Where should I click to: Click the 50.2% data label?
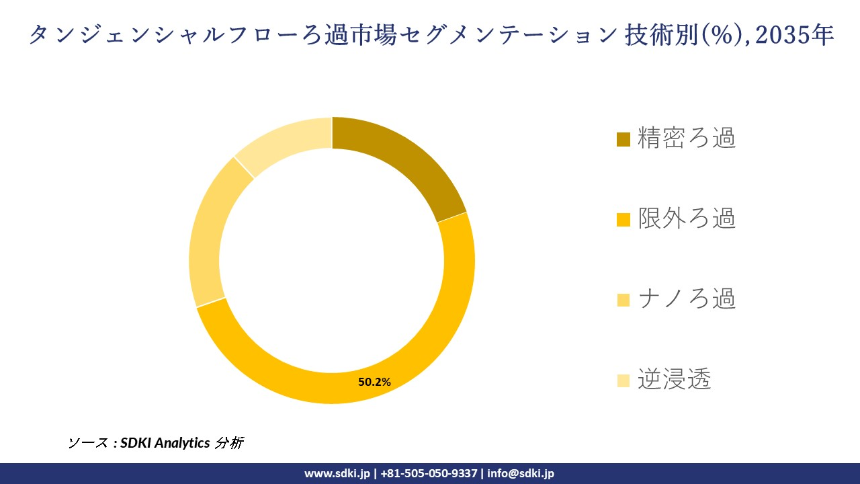[x=374, y=382]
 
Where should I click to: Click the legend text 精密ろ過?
[x=687, y=138]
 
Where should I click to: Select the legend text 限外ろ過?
[x=687, y=218]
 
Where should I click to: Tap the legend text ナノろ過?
[x=687, y=299]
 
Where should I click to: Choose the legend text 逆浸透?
[x=674, y=380]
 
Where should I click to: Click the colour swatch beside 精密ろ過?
[x=623, y=139]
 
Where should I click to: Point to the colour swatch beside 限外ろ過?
[x=623, y=220]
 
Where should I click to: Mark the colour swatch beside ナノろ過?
[x=623, y=300]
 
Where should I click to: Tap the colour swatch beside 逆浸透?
[x=623, y=381]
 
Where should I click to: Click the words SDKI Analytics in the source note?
[x=165, y=443]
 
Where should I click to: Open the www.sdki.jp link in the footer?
[x=337, y=473]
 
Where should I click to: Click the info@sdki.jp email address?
[x=521, y=473]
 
